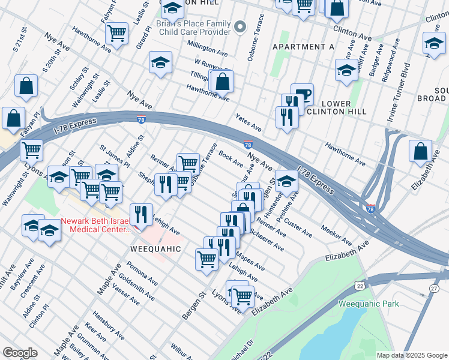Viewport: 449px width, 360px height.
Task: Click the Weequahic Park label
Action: click(x=369, y=304)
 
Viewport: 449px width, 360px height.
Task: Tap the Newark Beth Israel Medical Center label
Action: click(x=101, y=224)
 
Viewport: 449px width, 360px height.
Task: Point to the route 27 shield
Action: click(x=434, y=289)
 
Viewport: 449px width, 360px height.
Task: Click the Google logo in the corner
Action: click(x=20, y=353)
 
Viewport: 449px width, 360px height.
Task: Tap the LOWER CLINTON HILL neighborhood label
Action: click(x=328, y=107)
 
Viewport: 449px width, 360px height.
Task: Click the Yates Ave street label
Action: click(x=248, y=123)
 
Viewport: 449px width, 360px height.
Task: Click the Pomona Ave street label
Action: click(x=141, y=272)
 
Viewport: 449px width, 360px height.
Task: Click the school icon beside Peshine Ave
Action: click(x=288, y=181)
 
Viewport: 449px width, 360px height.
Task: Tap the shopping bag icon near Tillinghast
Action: click(x=222, y=82)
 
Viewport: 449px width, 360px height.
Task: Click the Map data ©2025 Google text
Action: click(x=411, y=355)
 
